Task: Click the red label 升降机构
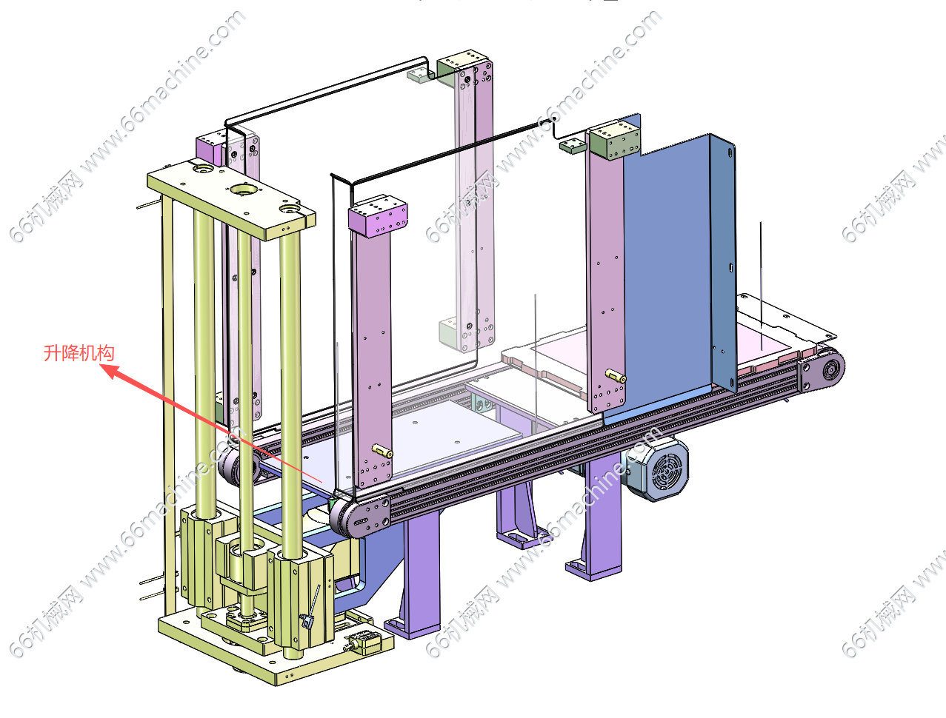(x=79, y=353)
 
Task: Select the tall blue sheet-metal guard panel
(x=676, y=263)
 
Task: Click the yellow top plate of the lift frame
(x=231, y=199)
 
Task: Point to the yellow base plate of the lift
(x=276, y=645)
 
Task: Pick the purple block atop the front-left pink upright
(x=378, y=216)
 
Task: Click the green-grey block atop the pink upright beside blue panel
(x=614, y=140)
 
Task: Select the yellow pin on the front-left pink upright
(x=382, y=451)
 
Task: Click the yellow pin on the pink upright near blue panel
(x=616, y=376)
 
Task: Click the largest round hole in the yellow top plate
(x=244, y=189)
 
